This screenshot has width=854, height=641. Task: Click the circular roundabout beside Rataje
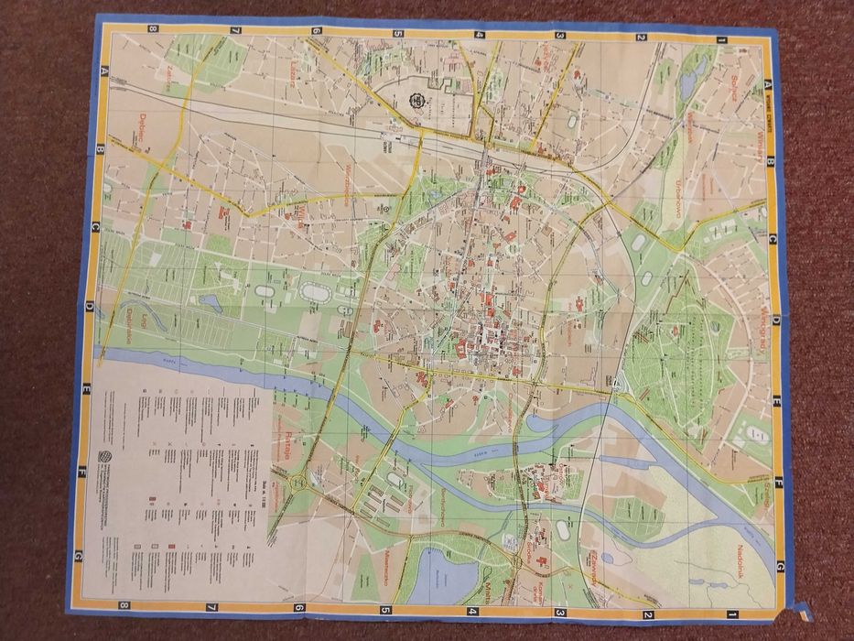click(x=298, y=482)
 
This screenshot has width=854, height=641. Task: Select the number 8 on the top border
click(x=152, y=27)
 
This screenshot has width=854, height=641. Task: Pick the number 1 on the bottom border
click(x=732, y=614)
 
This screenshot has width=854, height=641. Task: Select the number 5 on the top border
click(x=398, y=34)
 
